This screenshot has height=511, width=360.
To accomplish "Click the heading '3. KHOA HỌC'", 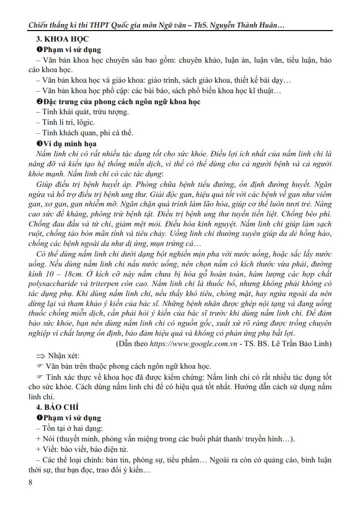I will (x=55, y=40).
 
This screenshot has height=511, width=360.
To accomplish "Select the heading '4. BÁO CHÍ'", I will (x=53, y=407).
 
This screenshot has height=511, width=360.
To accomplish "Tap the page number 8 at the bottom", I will (x=32, y=482).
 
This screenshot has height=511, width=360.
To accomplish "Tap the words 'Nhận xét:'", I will (x=64, y=356).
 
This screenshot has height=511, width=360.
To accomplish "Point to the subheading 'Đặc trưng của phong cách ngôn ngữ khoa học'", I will (x=122, y=101).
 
